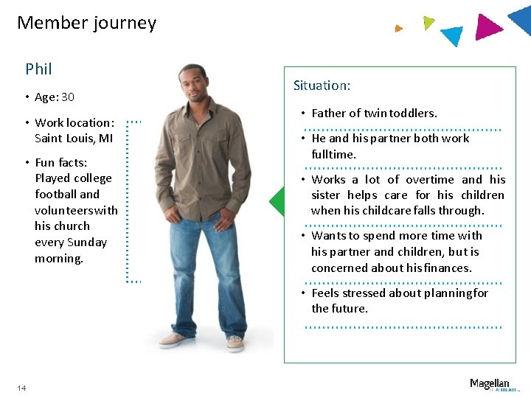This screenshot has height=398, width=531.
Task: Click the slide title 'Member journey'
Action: tap(86, 23)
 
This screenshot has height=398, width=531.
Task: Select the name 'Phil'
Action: tap(38, 69)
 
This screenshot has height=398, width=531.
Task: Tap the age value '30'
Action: tap(68, 97)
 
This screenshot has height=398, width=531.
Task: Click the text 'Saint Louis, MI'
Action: tap(74, 139)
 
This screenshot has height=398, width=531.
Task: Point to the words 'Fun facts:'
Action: tap(60, 162)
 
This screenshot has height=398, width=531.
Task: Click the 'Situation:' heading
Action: tap(322, 85)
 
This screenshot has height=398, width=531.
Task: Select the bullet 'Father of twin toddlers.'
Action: tap(374, 114)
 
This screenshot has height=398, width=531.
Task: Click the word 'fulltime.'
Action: tap(333, 155)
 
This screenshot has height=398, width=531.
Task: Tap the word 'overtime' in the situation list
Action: tap(431, 179)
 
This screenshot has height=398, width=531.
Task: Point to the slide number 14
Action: tap(21, 388)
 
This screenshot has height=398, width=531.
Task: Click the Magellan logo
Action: tap(490, 384)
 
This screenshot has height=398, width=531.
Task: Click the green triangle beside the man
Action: tap(277, 201)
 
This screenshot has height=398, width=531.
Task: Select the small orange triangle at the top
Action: tap(398, 29)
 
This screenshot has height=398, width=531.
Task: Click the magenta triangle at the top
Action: tap(487, 27)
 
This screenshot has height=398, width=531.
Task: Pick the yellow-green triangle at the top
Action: tap(428, 23)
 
